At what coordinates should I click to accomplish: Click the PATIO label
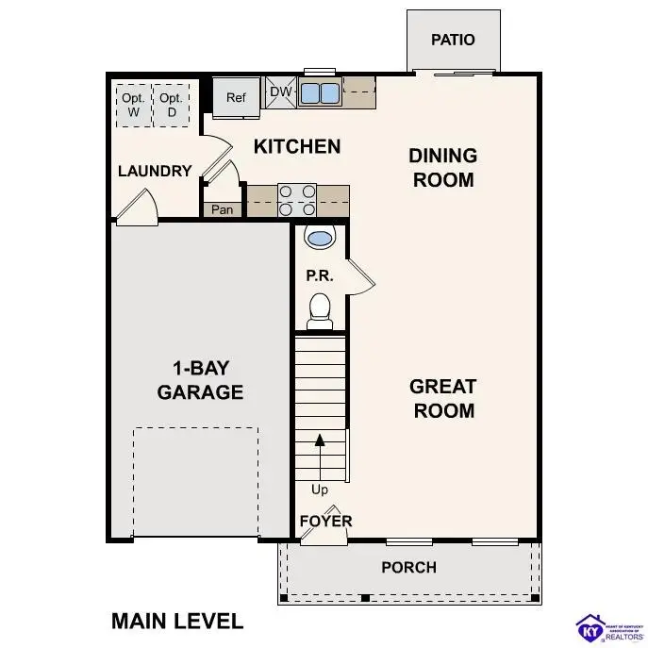(453, 40)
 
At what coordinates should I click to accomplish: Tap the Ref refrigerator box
(235, 98)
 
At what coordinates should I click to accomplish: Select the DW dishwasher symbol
(281, 91)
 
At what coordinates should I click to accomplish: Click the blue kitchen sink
(321, 92)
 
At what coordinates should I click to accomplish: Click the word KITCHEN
(297, 146)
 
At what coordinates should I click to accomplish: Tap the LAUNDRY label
(155, 172)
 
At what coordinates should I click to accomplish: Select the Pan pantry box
(223, 209)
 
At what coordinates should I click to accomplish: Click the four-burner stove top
(296, 200)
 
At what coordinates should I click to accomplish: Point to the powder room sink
(320, 238)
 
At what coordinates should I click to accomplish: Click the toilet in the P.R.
(320, 310)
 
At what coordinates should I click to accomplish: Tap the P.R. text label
(316, 276)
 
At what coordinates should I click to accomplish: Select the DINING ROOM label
(442, 167)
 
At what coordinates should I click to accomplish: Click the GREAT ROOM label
(442, 398)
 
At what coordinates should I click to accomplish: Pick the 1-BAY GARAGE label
(200, 381)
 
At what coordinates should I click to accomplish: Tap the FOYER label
(325, 521)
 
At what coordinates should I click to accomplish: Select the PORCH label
(408, 567)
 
